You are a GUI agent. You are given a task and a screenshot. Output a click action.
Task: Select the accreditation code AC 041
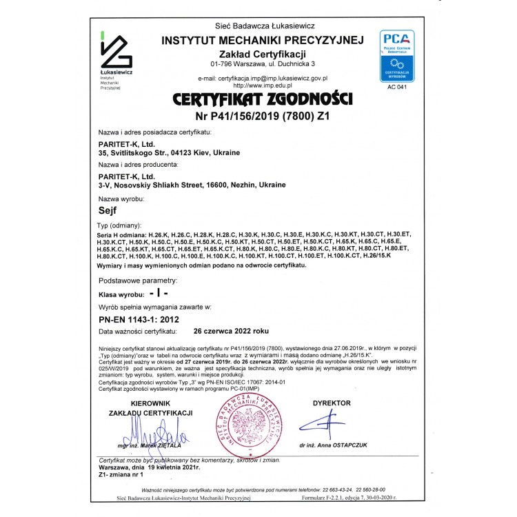[x=397, y=88]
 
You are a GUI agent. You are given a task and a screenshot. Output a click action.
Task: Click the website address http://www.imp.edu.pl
[x=263, y=85]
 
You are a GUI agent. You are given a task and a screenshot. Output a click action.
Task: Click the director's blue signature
[x=324, y=423]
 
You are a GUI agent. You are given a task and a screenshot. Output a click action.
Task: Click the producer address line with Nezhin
[x=192, y=185]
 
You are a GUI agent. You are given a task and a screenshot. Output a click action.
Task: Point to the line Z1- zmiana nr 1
[x=121, y=474]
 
